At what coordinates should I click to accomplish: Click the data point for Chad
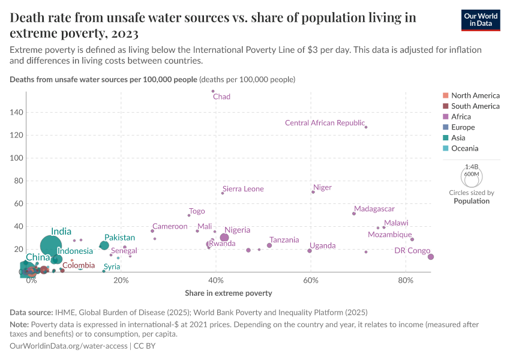coord(213,91)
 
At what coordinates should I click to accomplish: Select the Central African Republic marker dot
coord(366,127)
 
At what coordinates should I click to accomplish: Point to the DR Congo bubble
coord(430,257)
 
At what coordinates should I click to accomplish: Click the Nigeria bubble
coord(224,238)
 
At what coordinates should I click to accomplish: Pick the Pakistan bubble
coord(104,245)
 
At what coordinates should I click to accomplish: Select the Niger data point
coord(313,192)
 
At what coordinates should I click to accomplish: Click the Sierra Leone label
coord(243,189)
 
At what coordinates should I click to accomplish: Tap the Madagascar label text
coord(374,209)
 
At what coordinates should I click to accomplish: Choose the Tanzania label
coord(284,240)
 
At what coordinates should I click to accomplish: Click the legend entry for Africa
coord(461,116)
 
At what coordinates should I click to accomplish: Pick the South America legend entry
coord(475,106)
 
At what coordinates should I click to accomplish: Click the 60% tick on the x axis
coord(311,281)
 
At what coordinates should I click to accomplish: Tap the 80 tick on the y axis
coord(18,181)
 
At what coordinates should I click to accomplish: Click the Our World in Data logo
coord(481,19)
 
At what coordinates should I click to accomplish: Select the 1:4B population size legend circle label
coord(472,167)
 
